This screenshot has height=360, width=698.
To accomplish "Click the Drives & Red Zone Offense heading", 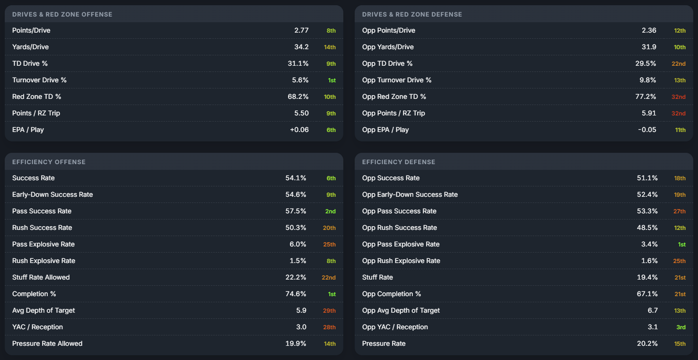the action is click(62, 14).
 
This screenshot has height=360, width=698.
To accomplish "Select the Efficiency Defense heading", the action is click(399, 162).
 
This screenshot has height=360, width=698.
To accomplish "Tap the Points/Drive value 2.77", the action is click(301, 30).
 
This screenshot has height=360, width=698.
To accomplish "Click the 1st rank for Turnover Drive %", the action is click(332, 80).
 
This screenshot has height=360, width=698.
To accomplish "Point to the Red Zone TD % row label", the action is click(36, 97).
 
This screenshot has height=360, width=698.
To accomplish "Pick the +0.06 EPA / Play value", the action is click(299, 130).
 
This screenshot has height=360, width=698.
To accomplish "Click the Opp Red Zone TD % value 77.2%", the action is click(646, 97).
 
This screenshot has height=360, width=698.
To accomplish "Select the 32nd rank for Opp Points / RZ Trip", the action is click(678, 113).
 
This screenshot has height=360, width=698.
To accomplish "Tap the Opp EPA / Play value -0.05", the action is click(647, 130).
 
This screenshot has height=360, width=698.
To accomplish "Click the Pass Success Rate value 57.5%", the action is click(296, 211).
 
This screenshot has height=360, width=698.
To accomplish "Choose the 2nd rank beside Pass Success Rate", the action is click(330, 211).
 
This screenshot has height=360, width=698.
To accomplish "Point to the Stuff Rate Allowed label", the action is click(41, 277).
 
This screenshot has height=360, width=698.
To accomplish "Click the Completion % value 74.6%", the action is click(296, 294).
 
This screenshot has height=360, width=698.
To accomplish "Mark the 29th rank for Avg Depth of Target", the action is click(329, 311).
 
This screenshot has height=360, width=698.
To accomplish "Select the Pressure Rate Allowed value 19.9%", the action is click(296, 343).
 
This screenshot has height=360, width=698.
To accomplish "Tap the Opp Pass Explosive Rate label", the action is click(401, 245).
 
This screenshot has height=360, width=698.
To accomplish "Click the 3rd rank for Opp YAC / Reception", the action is click(681, 327).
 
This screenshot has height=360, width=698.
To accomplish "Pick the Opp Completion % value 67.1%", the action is click(647, 294).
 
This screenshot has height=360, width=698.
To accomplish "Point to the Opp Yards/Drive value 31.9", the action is click(649, 47).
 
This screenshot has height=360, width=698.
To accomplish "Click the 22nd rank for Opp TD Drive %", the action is click(678, 63).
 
